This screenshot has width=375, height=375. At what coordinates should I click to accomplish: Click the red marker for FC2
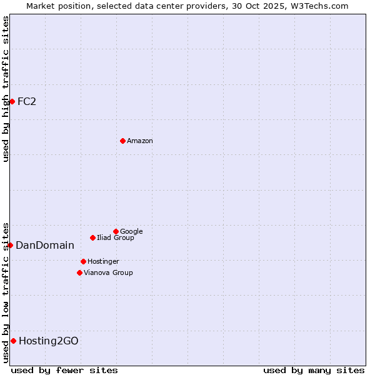click(x=12, y=101)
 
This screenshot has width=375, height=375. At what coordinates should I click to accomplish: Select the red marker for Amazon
click(x=122, y=141)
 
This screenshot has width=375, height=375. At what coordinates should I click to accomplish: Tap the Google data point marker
click(x=116, y=231)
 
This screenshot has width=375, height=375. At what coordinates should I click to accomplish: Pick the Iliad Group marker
click(x=92, y=237)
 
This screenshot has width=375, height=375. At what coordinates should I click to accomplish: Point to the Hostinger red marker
click(x=83, y=261)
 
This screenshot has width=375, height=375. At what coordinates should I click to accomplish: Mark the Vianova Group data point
click(x=79, y=272)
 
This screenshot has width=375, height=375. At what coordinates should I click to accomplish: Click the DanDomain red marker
click(x=10, y=245)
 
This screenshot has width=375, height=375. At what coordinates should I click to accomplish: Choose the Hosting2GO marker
click(x=13, y=341)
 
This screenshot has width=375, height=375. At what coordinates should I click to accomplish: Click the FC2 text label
click(x=27, y=102)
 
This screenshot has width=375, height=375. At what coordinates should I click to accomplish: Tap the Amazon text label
click(x=140, y=141)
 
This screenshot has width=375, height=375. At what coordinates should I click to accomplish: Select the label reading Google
click(x=131, y=232)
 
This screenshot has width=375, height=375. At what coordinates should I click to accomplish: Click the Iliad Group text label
click(x=116, y=238)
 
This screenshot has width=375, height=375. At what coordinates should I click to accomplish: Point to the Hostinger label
click(x=103, y=262)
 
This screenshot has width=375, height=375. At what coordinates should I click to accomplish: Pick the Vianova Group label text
click(x=108, y=273)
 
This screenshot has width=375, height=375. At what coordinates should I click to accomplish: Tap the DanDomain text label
click(x=45, y=246)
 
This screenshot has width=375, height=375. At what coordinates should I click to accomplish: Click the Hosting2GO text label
click(x=49, y=341)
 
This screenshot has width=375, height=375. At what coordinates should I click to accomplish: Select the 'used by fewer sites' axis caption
click(x=64, y=370)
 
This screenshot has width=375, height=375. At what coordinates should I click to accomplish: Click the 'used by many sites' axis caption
click(x=314, y=370)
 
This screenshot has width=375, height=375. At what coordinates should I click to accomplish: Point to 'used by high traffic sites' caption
click(x=6, y=89)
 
